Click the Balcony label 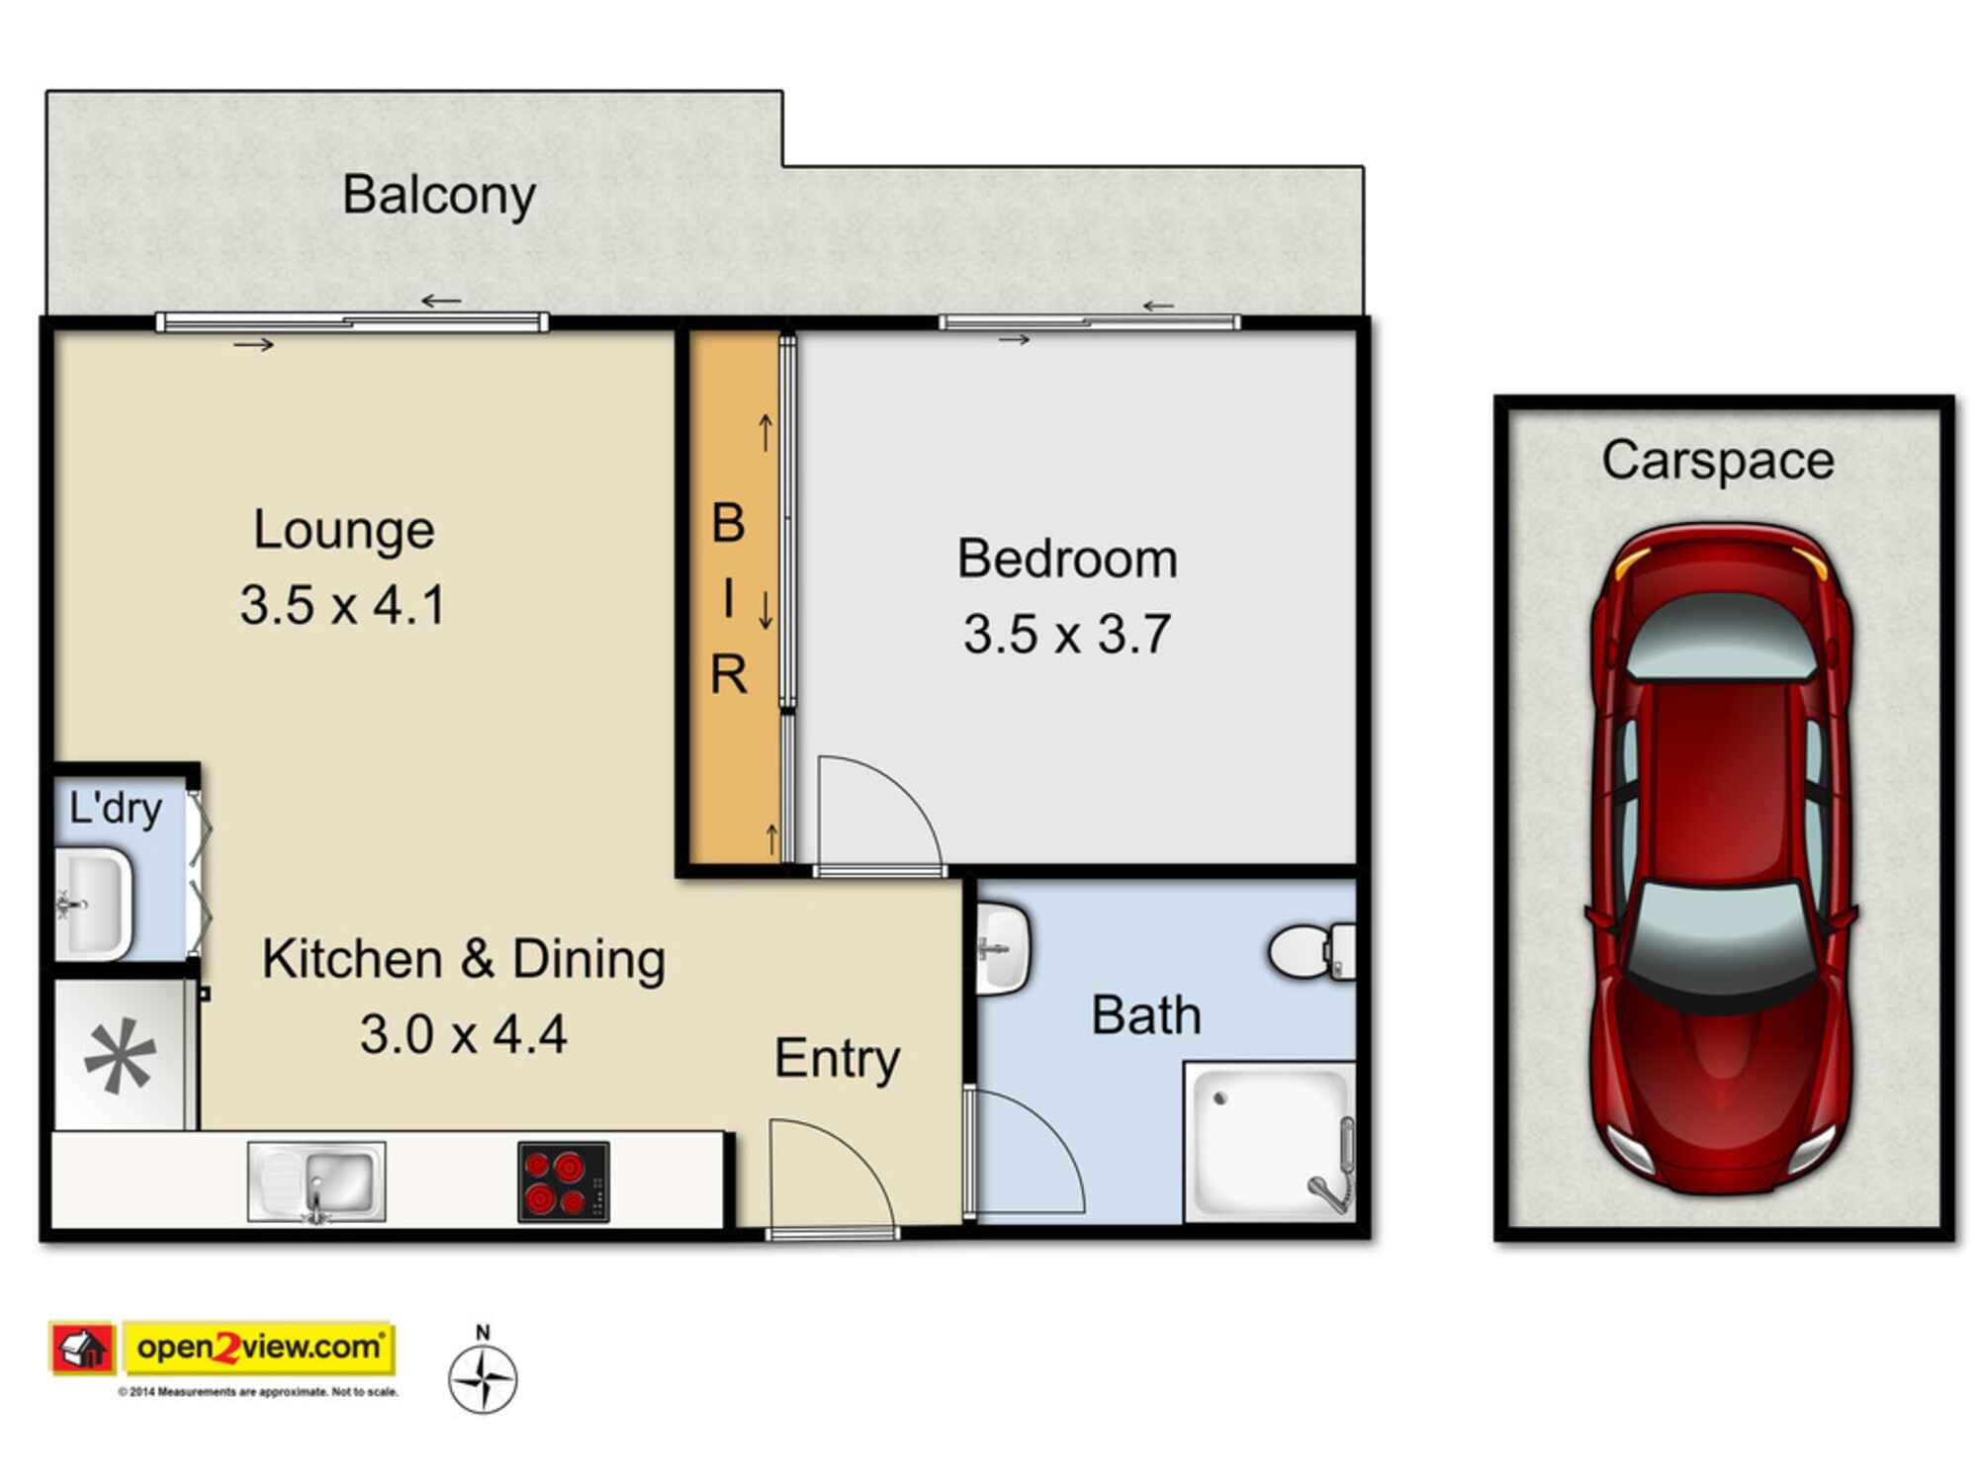(x=439, y=195)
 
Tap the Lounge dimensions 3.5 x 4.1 (x=343, y=605)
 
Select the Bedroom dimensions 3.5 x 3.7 (x=1067, y=634)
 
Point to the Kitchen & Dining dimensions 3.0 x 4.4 (x=463, y=1035)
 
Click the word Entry (x=837, y=1059)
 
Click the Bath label (x=1146, y=1015)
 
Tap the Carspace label (x=1718, y=461)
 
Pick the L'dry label (x=115, y=809)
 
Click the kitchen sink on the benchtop (x=316, y=1181)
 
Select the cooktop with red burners (x=563, y=1181)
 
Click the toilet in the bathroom (x=1311, y=951)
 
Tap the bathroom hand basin (x=1003, y=949)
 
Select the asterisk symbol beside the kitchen (x=121, y=1057)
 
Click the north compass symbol (x=483, y=1377)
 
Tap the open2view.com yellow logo (x=259, y=1348)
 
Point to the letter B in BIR (x=729, y=523)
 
